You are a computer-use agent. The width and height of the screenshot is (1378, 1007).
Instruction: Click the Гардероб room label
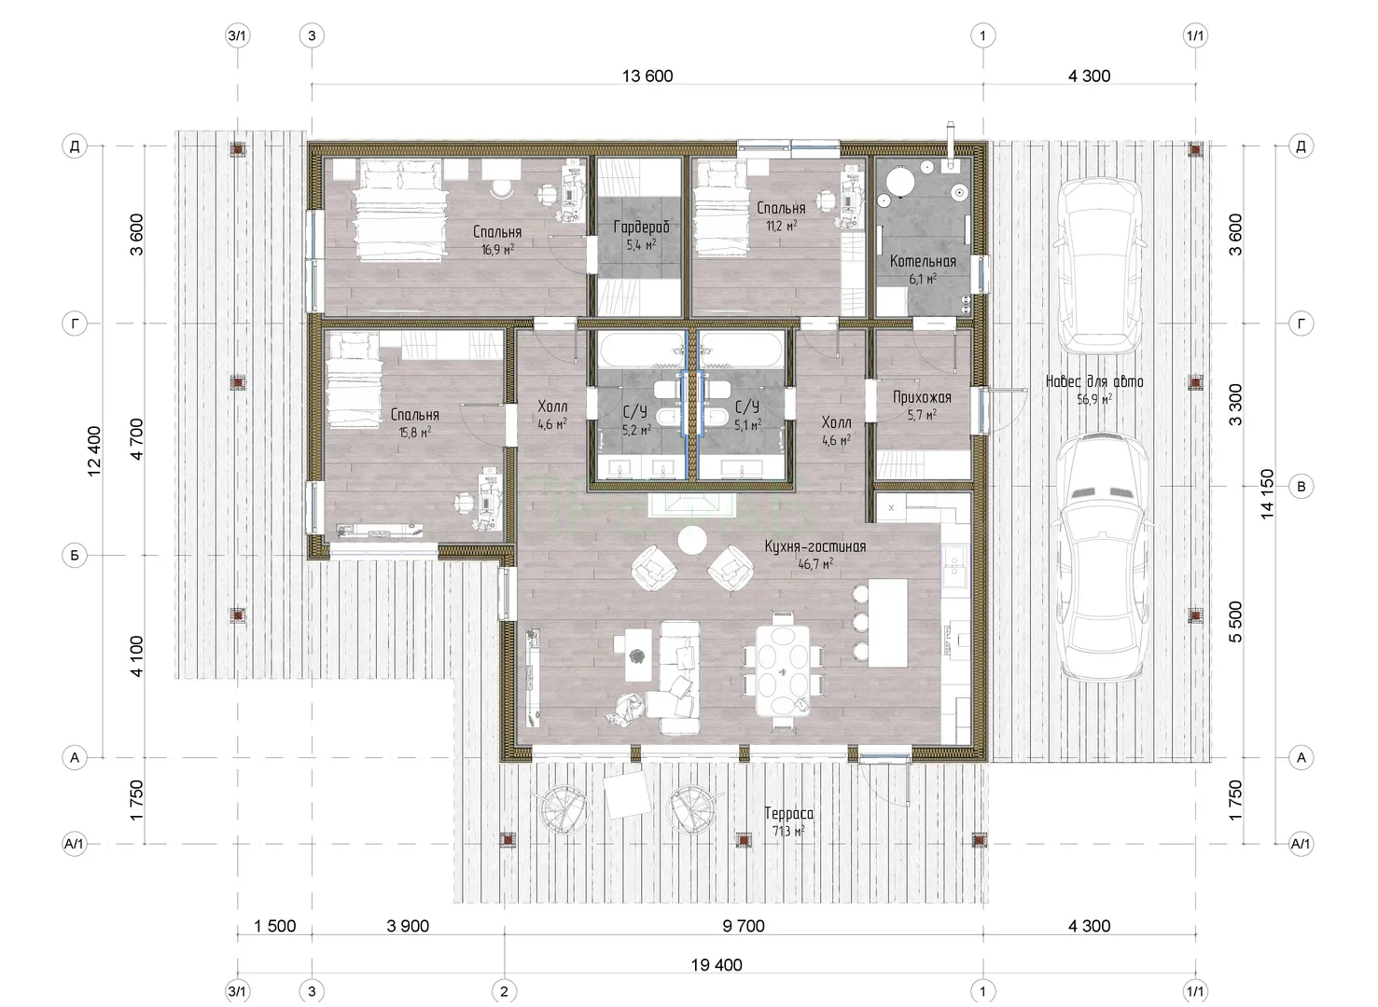(x=641, y=227)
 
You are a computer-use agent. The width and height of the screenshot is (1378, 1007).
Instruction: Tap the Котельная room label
(x=923, y=261)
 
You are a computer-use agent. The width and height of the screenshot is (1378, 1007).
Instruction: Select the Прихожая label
(x=922, y=398)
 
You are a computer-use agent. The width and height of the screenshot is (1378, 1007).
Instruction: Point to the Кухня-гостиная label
(x=815, y=545)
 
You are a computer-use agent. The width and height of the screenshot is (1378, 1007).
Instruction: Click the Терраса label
(x=788, y=813)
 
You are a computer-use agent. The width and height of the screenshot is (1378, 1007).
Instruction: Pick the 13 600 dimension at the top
(x=647, y=76)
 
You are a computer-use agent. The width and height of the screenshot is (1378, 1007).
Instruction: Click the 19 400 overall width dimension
(x=717, y=965)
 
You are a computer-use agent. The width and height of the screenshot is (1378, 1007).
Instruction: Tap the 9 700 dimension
(x=744, y=926)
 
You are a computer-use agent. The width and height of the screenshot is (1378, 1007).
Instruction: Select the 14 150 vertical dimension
(x=1267, y=493)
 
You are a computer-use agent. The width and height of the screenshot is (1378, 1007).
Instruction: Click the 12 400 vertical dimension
(x=94, y=450)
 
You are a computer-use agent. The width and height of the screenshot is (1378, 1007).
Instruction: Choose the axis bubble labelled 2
(x=504, y=991)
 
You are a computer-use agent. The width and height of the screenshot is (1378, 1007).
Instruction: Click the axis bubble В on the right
(x=1301, y=487)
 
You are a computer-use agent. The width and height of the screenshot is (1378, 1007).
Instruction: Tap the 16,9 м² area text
(x=497, y=249)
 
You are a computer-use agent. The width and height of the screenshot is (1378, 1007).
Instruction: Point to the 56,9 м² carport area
(x=1093, y=399)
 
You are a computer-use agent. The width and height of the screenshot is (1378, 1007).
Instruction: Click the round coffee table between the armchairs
(x=692, y=541)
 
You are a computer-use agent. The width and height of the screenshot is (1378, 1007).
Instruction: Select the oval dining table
(x=783, y=670)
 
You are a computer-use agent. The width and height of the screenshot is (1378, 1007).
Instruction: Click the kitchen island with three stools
(x=887, y=622)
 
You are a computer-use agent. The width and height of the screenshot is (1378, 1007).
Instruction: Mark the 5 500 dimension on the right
(x=1235, y=622)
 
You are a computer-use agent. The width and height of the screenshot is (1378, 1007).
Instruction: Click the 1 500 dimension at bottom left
(x=275, y=926)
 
